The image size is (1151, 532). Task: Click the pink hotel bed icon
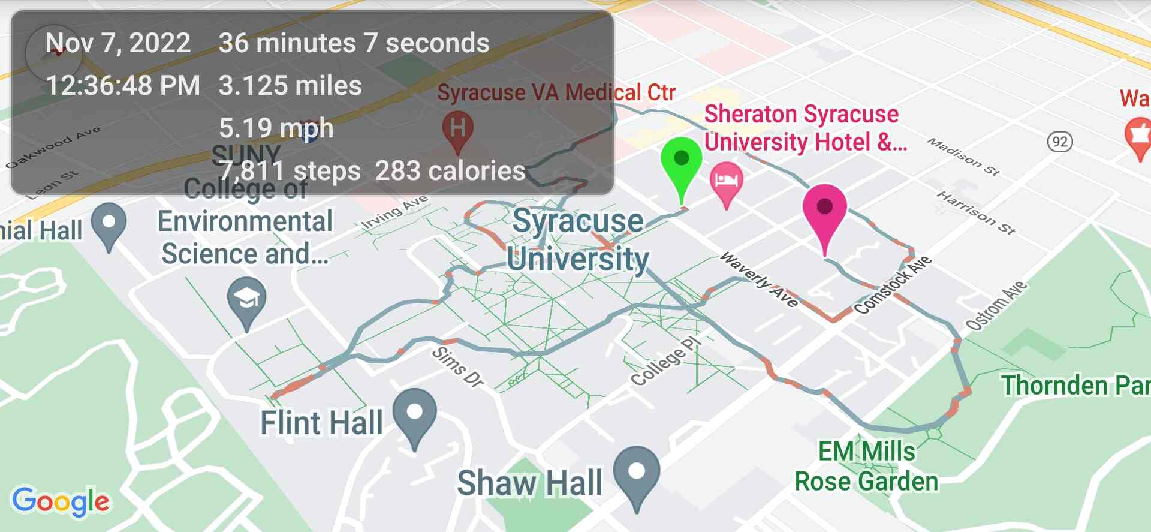pos(726,179)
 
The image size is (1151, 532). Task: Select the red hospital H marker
pos(457,128)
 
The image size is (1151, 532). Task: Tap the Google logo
pos(61,501)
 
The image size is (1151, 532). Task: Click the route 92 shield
pos(1059,142)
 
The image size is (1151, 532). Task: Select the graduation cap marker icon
pos(246,298)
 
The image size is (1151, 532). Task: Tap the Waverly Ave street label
pos(759,279)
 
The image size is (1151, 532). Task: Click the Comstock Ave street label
pos(893,285)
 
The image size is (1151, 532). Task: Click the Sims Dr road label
pos(457,366)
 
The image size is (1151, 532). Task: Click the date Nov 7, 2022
pos(118,43)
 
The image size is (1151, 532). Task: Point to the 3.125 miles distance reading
pos(290,86)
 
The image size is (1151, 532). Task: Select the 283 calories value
pos(450,171)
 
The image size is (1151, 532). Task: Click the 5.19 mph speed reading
pos(276,128)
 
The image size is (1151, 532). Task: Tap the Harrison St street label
pos(975,212)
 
